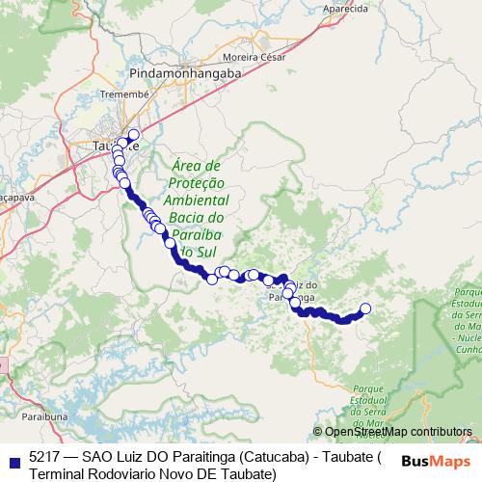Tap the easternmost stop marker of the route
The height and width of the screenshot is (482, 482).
pyautogui.click(x=365, y=308)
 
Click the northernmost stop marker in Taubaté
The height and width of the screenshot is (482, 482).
pyautogui.click(x=133, y=135)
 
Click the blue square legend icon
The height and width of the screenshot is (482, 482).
pyautogui.click(x=12, y=457)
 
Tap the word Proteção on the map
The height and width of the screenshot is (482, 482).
pyautogui.click(x=196, y=183)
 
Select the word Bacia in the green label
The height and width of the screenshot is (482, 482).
pyautogui.click(x=185, y=218)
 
